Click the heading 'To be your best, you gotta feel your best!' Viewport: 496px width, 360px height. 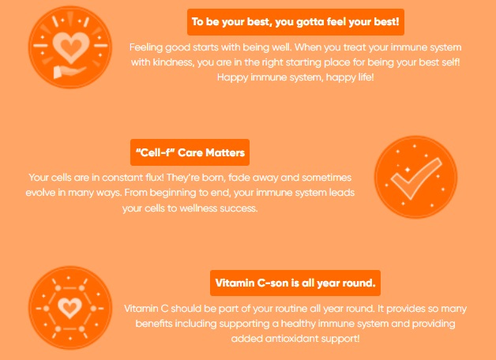click(x=295, y=22)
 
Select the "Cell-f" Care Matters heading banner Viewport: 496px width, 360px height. click(x=190, y=152)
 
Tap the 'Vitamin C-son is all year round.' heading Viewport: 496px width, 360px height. click(x=295, y=283)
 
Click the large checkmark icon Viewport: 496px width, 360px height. click(x=416, y=178)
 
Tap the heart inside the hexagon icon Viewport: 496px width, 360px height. click(x=70, y=308)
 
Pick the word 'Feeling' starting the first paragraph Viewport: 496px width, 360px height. click(x=146, y=47)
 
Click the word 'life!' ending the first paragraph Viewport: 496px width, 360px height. click(x=366, y=77)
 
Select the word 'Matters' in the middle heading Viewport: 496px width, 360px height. click(x=225, y=152)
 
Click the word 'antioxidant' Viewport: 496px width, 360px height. click(x=292, y=339)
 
